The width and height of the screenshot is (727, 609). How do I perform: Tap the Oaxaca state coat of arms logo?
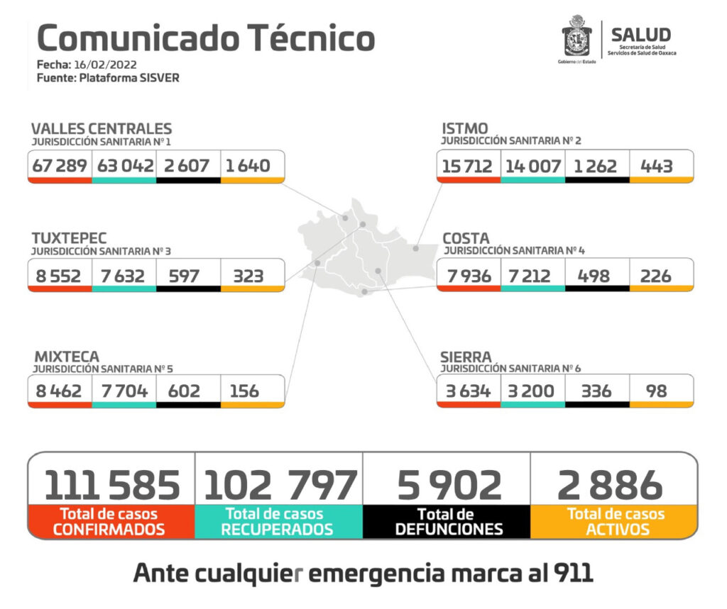(x=576, y=37)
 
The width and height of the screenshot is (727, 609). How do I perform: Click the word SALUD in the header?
(x=640, y=35)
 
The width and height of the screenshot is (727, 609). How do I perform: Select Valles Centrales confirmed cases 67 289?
(x=60, y=166)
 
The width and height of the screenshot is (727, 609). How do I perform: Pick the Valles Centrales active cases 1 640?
(x=248, y=166)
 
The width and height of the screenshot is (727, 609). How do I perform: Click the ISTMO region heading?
(x=465, y=129)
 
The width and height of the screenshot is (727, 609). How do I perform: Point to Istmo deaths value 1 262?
(x=596, y=166)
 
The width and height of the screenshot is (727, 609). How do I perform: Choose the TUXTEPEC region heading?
(x=69, y=238)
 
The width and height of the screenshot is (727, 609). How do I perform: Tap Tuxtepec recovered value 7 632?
(x=124, y=276)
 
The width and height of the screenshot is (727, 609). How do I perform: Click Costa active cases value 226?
(x=656, y=276)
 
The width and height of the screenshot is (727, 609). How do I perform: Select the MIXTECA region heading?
(x=65, y=357)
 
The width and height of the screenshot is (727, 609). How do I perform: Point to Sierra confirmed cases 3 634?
(x=467, y=391)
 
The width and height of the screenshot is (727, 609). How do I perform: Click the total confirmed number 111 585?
(x=112, y=486)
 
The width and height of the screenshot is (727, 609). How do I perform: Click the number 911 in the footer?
(x=572, y=573)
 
